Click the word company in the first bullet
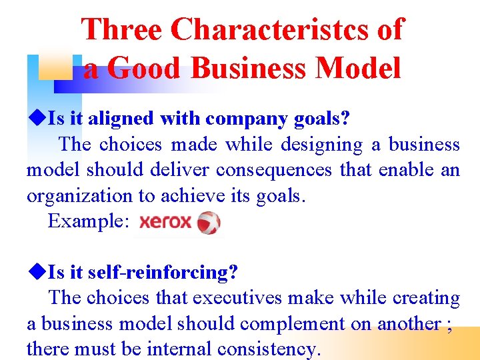[239, 119]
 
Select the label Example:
[89, 221]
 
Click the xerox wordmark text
[165, 222]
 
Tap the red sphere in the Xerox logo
[209, 223]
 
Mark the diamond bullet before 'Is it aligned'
[37, 119]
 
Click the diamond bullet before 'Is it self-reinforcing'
[37, 272]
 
